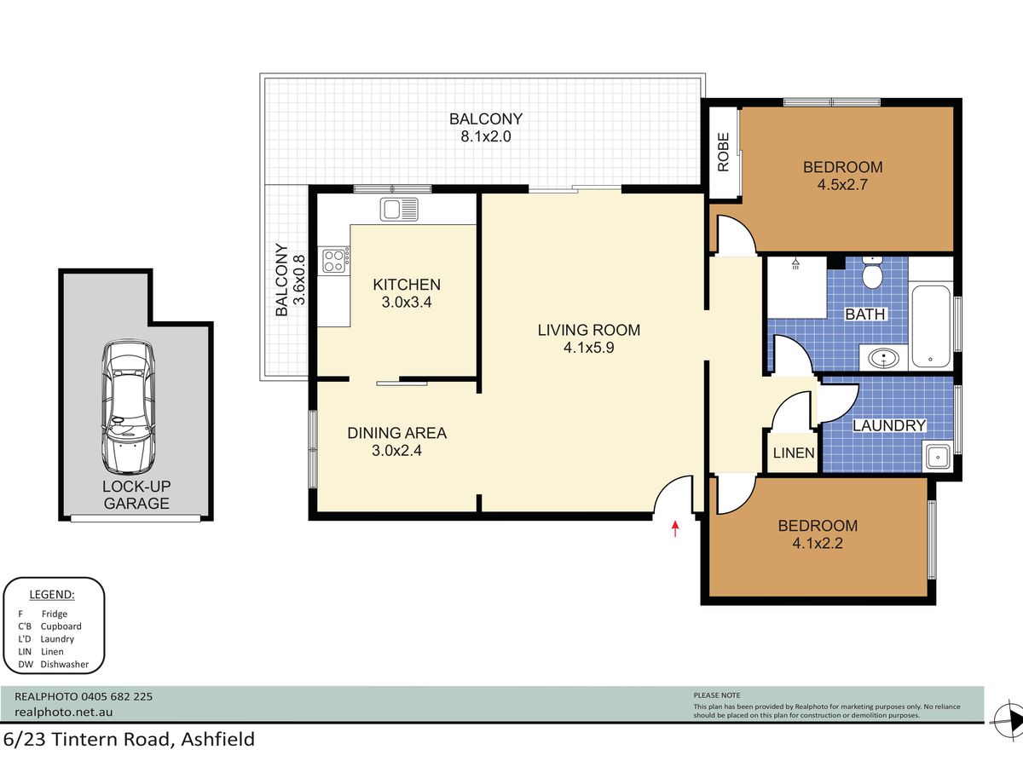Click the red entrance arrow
675,528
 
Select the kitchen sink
399,209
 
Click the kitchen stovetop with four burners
334,261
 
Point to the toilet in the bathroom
871,273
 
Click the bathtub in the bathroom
931,326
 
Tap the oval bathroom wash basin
882,359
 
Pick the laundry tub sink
938,457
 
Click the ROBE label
723,153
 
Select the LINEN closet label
794,453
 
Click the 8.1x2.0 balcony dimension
486,136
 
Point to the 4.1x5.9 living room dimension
588,348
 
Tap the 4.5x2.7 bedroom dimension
842,184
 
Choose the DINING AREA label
397,433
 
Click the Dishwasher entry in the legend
53,665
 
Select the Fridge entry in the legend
43,614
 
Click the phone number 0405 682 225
117,696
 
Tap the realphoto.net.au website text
64,712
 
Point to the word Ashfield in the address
217,740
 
